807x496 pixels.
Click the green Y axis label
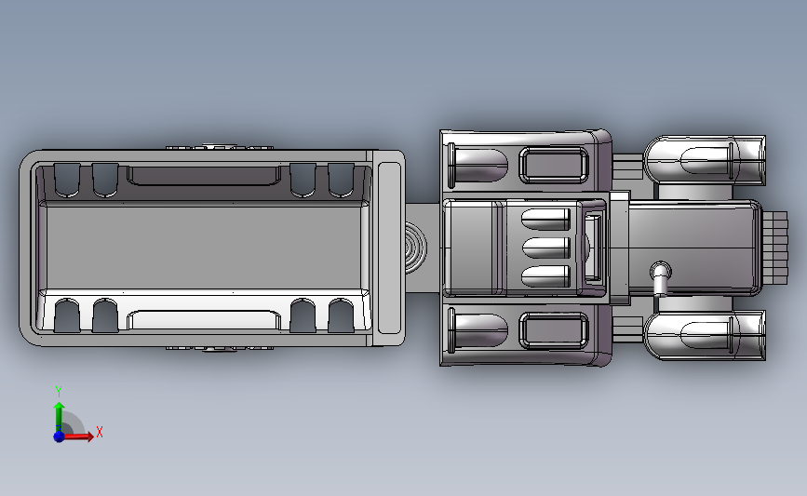pos(59,392)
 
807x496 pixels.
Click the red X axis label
pos(100,432)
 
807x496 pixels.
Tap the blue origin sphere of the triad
pos(59,436)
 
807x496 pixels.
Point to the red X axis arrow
pos(77,436)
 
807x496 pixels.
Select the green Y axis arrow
pos(60,417)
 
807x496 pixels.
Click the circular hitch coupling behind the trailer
pos(415,248)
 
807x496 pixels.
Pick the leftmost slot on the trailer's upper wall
pos(67,181)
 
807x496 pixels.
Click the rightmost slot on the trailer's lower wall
pos(341,315)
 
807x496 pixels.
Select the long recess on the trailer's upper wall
pos(204,176)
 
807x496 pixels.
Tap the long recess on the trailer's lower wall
pos(204,319)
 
